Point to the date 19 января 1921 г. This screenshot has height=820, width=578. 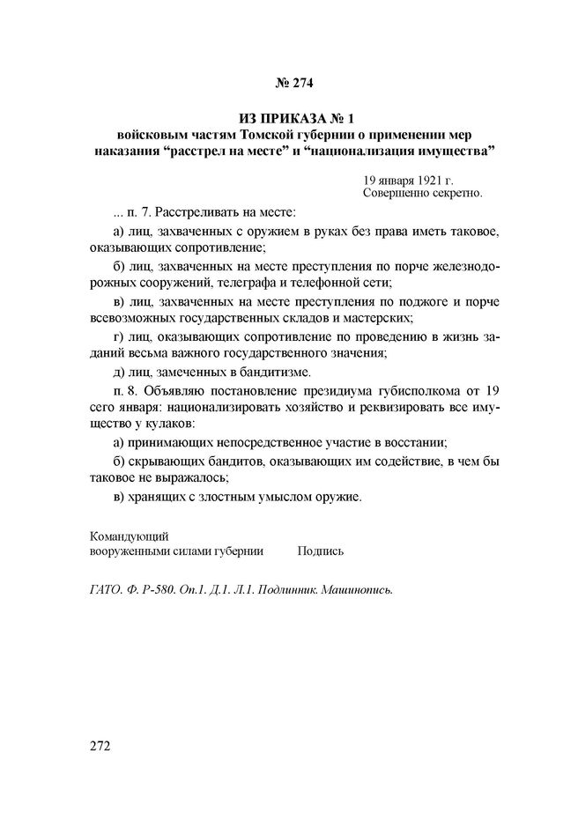(408, 179)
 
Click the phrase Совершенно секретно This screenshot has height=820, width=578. (423, 191)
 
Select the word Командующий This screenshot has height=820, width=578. (130, 536)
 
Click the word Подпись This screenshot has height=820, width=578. (321, 550)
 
